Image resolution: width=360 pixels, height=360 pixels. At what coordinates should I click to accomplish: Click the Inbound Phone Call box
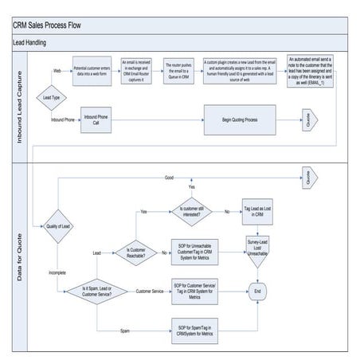[x=95, y=120]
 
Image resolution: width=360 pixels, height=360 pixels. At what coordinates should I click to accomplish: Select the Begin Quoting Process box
[x=239, y=120]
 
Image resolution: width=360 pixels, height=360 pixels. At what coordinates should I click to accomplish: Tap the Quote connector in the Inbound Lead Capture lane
[x=307, y=120]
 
